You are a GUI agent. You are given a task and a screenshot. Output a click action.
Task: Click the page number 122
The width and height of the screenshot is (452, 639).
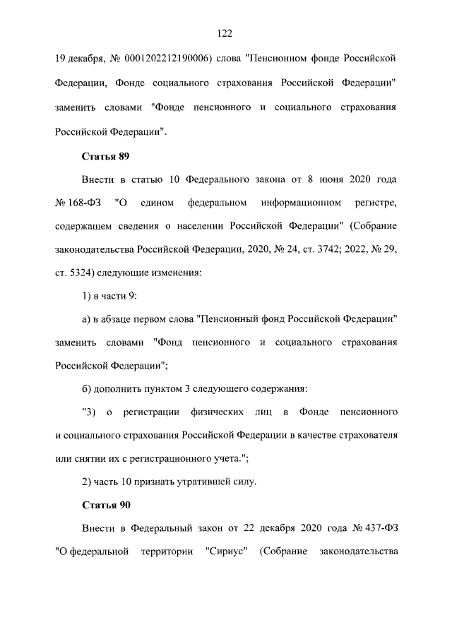(226, 32)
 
